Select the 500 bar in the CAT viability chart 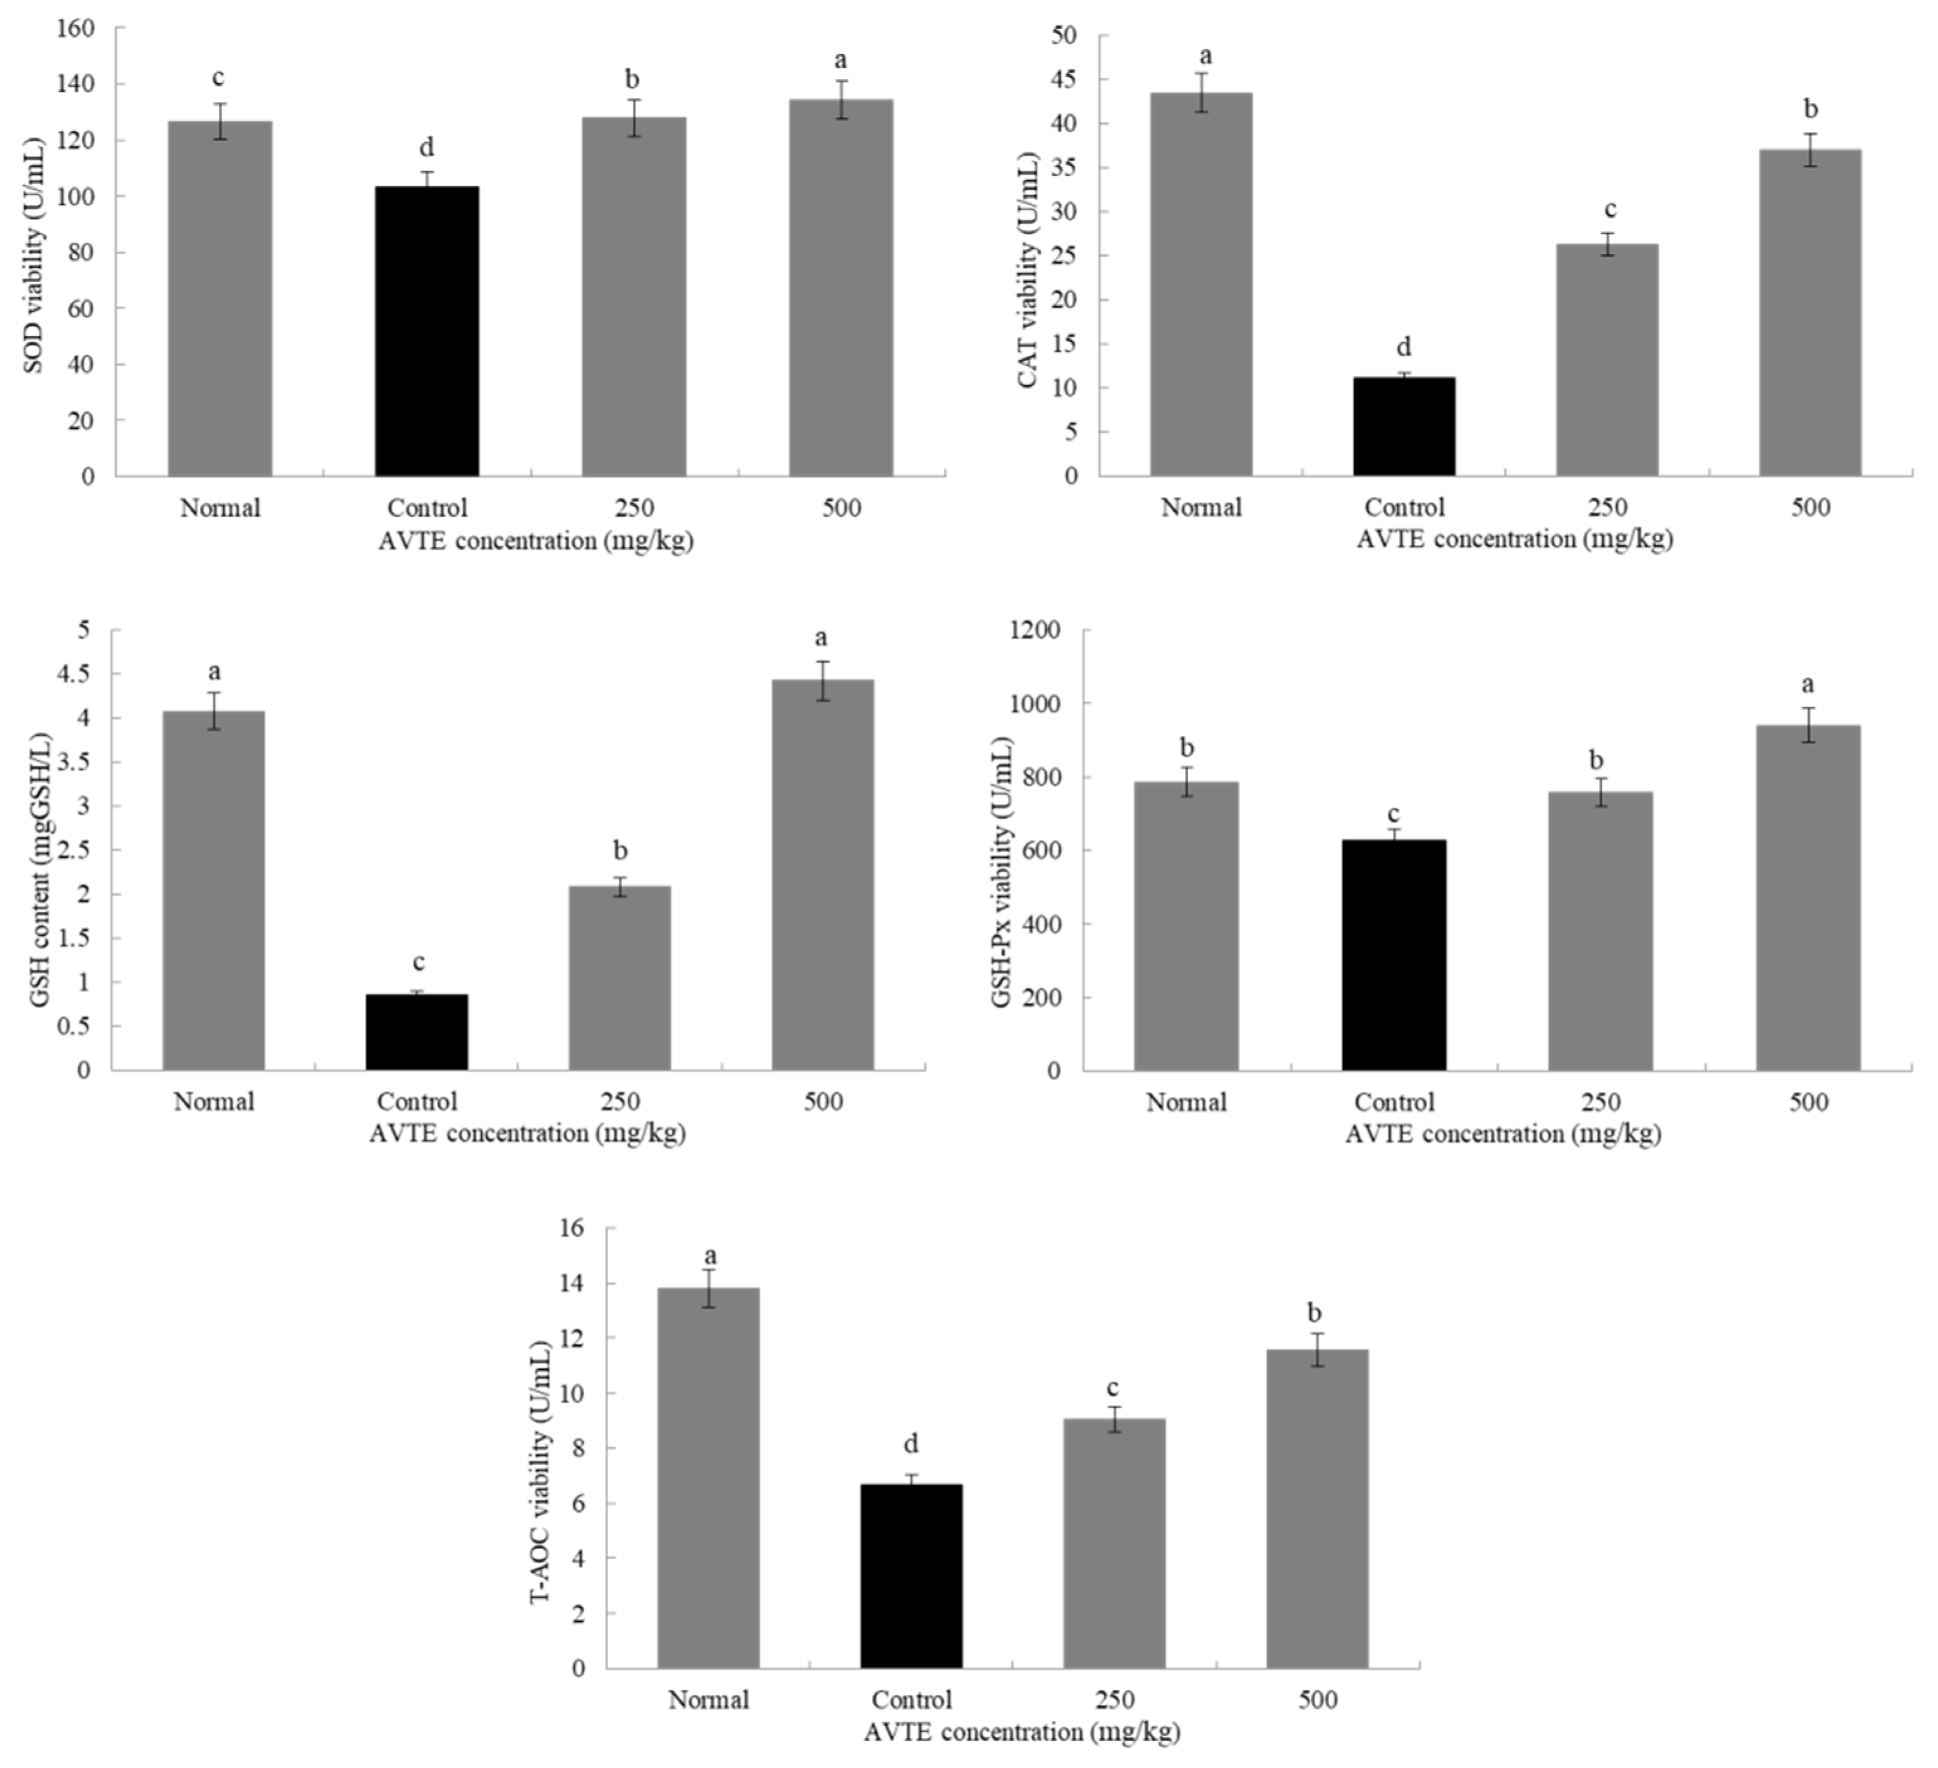(1810, 313)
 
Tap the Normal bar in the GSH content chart (213, 890)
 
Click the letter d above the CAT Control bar (1405, 347)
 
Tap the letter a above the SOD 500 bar (841, 60)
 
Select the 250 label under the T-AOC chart (1114, 1699)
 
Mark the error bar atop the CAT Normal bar (1201, 92)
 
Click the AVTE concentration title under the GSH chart (528, 1133)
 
